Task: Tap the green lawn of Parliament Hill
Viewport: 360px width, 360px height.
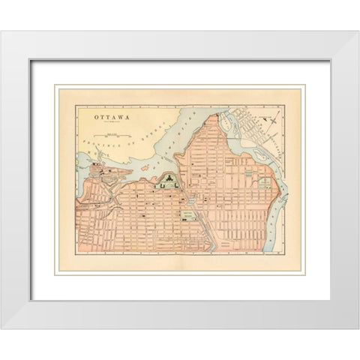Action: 169,183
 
